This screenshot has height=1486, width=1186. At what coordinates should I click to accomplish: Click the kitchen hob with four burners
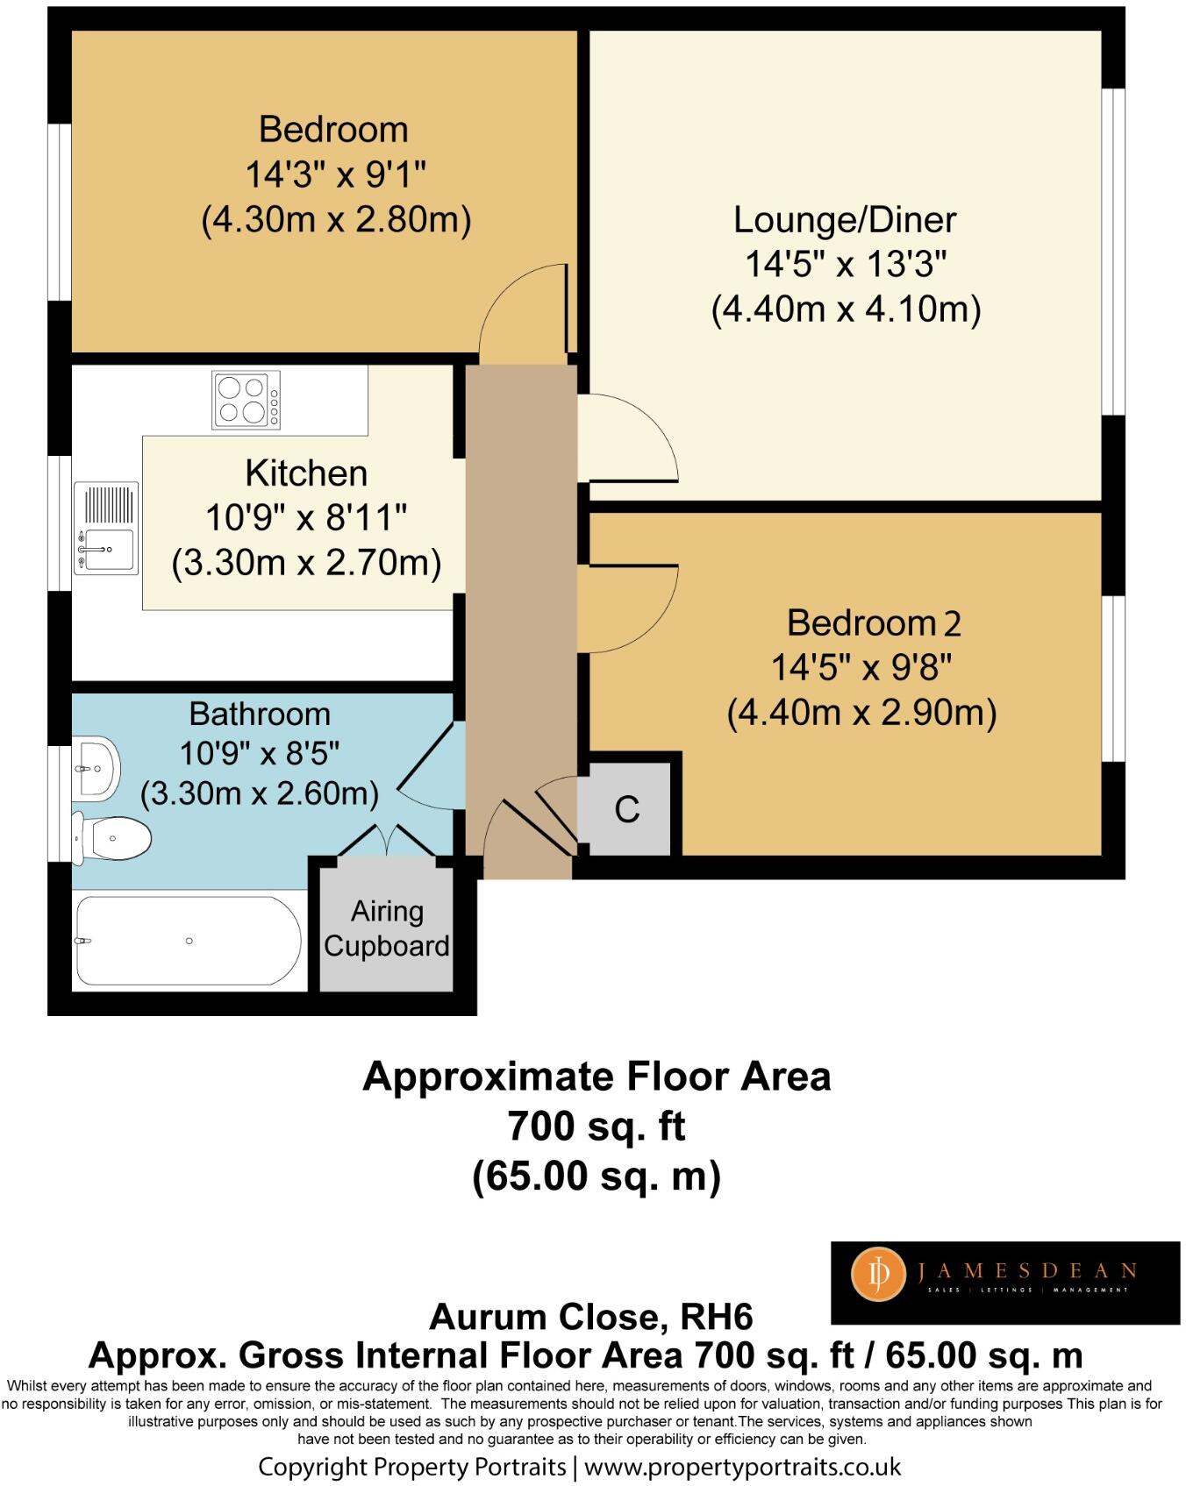pos(246,400)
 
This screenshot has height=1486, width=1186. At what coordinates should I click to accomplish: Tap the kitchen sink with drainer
pos(106,529)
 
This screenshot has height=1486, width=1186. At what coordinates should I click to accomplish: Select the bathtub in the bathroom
pos(189,941)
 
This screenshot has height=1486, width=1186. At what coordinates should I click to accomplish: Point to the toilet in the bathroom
pos(114,839)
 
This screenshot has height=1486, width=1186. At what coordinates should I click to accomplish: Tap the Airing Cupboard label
pos(387,929)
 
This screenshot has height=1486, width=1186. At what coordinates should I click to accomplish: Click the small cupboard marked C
pos(627,809)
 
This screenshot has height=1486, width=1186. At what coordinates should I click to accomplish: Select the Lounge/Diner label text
pos(845,219)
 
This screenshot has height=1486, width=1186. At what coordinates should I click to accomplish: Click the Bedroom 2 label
pos(874,623)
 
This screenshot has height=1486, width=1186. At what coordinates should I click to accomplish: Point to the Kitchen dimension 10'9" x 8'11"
pos(306,518)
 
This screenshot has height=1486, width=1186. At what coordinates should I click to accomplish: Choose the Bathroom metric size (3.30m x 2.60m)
pos(260,793)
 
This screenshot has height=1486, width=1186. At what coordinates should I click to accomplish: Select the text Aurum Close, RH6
pos(590,1317)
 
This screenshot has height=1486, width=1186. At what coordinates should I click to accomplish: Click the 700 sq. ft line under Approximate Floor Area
pos(597,1126)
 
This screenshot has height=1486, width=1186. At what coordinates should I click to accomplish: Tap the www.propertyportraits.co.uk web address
pos(742,1467)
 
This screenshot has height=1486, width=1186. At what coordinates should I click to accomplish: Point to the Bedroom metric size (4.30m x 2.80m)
pos(336,219)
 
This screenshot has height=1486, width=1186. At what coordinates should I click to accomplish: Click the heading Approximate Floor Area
pos(597,1077)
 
